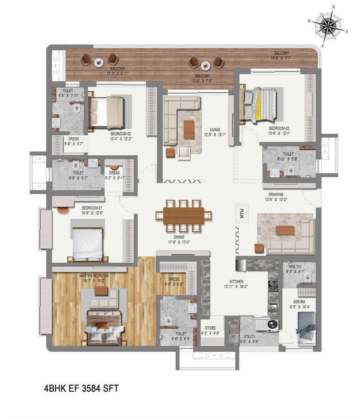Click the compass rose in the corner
coord(328,26)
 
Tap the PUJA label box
coord(241,213)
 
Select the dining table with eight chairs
coord(183,216)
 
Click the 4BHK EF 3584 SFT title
coord(81,388)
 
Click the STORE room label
coord(210,328)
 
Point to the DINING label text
coord(178,237)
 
